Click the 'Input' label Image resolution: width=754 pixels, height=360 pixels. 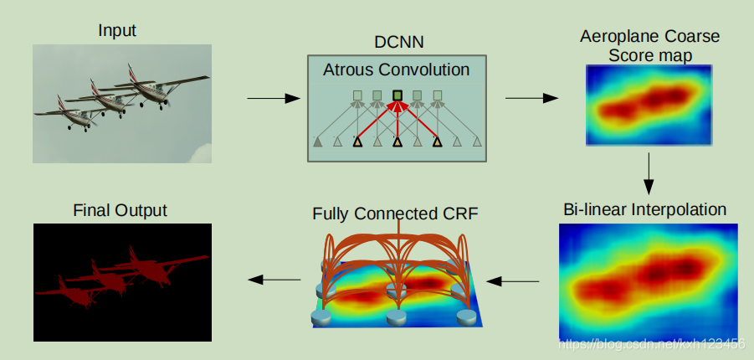pos(117,31)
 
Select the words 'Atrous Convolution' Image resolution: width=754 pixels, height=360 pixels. pos(396,69)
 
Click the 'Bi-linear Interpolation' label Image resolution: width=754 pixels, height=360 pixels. pos(644,208)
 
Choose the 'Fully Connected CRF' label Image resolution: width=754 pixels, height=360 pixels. pos(395,213)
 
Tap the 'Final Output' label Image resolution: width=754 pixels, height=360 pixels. pos(119,210)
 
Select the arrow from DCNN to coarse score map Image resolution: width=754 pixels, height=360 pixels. pos(531,99)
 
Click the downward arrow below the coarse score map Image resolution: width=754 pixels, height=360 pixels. pos(649,174)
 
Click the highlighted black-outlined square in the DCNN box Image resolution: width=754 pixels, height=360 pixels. pos(398,95)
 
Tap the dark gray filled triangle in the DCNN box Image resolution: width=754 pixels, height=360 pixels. pos(318,142)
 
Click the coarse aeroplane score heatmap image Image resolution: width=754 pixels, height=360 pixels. pos(648,105)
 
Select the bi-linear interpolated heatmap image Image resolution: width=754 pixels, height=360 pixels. pos(648,280)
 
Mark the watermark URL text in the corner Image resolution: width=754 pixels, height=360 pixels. pos(652,343)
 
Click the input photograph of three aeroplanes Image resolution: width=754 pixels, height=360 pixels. pos(122,104)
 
